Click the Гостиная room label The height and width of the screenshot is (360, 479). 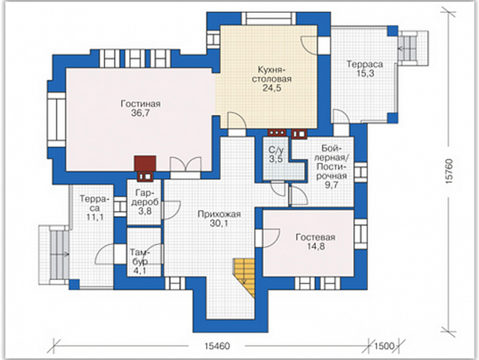[x=141, y=104]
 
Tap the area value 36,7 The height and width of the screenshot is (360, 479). [x=141, y=113]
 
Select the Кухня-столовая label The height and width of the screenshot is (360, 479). [x=271, y=74]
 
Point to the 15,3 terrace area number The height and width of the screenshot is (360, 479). [x=365, y=73]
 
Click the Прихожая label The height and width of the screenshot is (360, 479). [x=219, y=214]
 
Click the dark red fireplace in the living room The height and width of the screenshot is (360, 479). [x=145, y=163]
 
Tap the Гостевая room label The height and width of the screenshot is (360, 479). [x=315, y=237]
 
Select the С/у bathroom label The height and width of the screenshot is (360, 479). [x=277, y=151]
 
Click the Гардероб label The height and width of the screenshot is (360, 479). [x=145, y=197]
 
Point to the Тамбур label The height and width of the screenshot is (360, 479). [x=141, y=257]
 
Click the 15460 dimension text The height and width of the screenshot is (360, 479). [x=217, y=346]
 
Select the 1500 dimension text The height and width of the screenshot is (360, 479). [x=385, y=346]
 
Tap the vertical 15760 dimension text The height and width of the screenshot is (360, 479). [x=449, y=171]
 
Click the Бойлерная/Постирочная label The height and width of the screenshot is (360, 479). [x=332, y=163]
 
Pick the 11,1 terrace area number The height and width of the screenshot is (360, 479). [x=95, y=218]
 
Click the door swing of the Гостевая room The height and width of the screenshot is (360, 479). [x=271, y=238]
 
